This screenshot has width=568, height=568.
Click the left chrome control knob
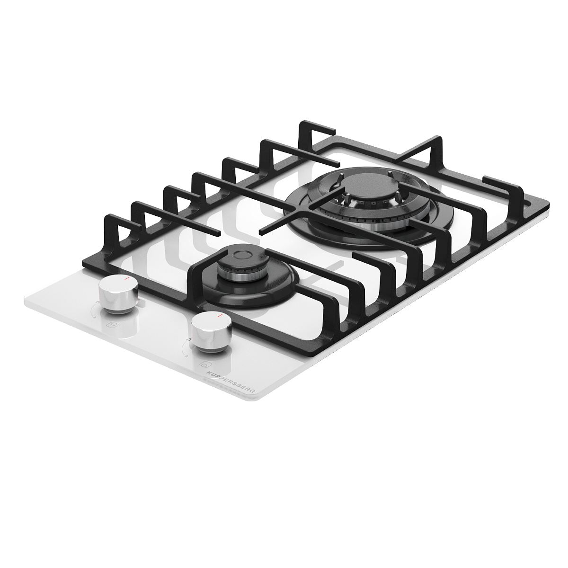(x=118, y=293)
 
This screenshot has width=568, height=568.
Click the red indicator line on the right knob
(x=220, y=316)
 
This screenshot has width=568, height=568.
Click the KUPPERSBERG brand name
(x=231, y=382)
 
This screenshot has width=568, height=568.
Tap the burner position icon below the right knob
(x=204, y=364)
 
